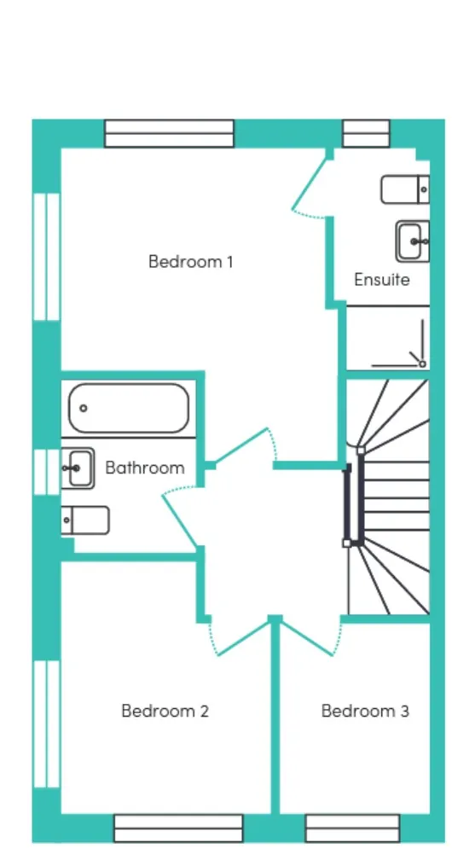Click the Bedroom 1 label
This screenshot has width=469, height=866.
coord(191,261)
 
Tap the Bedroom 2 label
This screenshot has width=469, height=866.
coord(165,711)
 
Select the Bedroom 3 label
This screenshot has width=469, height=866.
coord(365,711)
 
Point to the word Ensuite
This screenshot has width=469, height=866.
coord(382,280)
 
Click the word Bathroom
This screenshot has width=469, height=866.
coord(145,468)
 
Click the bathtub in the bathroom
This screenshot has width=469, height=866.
coord(129,408)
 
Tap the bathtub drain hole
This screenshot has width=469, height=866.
coord(84,408)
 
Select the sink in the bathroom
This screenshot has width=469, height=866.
coord(78,468)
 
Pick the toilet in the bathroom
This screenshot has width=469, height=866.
coord(85,520)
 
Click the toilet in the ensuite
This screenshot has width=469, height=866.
coord(405,189)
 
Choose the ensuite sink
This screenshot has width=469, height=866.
coord(412,241)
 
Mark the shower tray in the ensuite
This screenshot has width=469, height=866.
coord(387,338)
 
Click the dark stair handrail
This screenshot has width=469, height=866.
coord(348,504)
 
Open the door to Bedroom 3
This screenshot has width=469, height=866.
coord(309,638)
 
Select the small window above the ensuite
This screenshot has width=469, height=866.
coord(367,134)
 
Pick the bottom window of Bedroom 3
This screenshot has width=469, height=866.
coord(352,828)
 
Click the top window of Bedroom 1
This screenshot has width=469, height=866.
coord(170,134)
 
